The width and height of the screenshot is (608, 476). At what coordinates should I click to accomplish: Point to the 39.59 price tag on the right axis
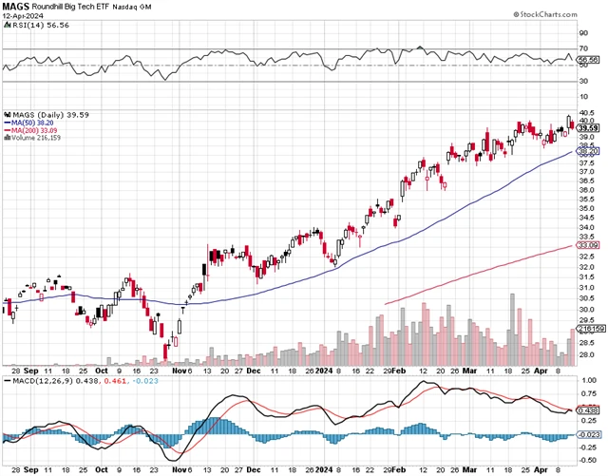coord(590,127)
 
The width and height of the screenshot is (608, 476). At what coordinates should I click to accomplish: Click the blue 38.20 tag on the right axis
coord(590,151)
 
